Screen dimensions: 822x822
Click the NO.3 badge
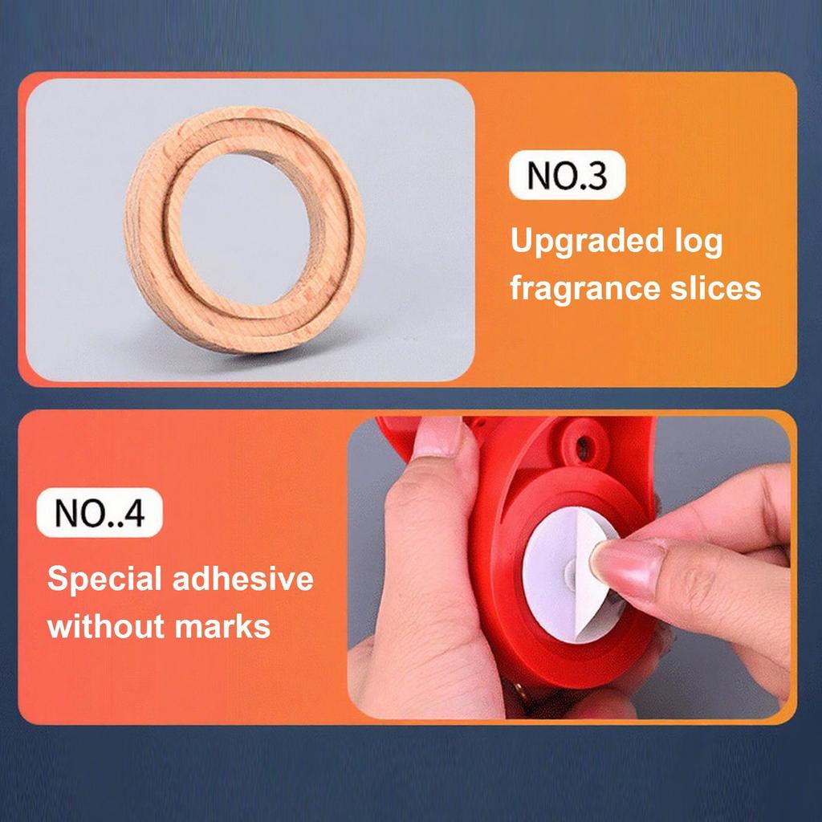point(568,177)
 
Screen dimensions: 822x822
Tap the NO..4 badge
point(100,514)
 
